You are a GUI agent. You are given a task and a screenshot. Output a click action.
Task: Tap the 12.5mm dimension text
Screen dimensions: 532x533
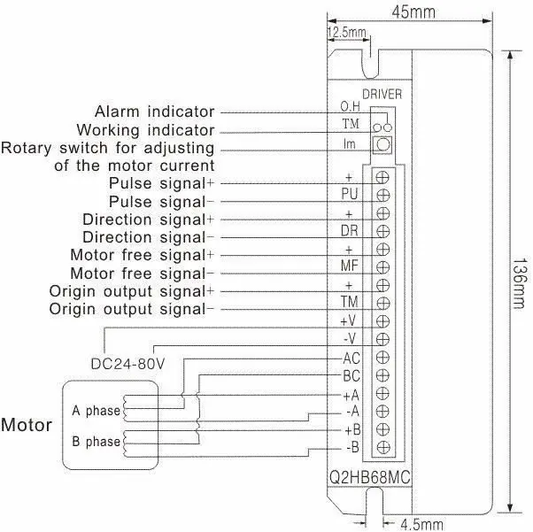pos(347,33)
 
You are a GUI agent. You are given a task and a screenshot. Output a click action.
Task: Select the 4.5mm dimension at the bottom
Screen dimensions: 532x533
pos(421,522)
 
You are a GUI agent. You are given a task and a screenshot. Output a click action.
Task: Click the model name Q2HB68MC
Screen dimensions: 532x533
pos(364,478)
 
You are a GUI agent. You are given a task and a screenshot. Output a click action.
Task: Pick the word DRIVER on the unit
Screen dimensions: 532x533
pos(382,93)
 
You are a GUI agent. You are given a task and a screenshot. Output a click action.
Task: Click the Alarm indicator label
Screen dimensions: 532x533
pos(155,112)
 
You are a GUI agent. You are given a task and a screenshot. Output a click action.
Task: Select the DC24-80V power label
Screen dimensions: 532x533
pos(128,363)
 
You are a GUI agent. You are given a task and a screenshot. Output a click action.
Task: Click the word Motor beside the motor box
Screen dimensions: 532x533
pos(26,424)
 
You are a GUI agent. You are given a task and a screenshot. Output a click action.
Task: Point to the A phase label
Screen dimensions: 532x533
pos(96,411)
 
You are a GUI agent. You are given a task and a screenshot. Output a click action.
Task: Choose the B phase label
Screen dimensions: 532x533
pos(96,441)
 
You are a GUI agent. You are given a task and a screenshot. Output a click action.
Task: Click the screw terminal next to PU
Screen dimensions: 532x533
pos(383,194)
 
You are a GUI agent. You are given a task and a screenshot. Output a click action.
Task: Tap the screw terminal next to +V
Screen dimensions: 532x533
pos(383,320)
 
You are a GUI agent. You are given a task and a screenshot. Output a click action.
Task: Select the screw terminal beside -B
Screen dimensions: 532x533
pos(383,447)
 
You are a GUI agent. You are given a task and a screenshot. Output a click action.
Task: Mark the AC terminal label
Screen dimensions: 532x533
pos(351,358)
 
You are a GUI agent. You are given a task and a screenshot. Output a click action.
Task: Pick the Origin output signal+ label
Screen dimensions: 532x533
pos(132,291)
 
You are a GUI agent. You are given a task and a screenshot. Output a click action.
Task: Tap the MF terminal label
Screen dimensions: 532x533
pos(350,265)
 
